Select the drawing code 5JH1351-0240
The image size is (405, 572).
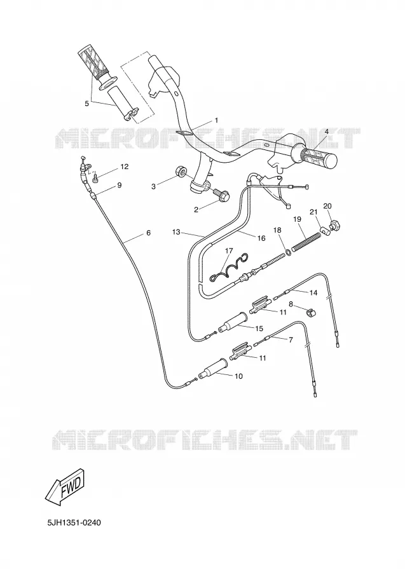coord(74,523)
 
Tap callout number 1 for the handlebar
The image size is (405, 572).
coord(216,120)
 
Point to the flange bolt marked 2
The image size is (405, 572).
coord(221,194)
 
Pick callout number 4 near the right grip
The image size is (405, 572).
coord(326,132)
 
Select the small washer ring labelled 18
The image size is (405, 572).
coord(288,252)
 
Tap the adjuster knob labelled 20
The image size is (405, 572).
coord(334,225)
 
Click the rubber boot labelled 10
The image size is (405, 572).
coord(212,369)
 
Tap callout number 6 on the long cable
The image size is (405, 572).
coord(148,233)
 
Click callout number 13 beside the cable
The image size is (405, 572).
coord(177,231)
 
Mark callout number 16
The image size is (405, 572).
coord(261,238)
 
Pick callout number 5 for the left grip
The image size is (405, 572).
coord(86,104)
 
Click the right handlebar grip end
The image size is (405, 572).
coord(330,161)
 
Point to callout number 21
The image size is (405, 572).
coord(313,212)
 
